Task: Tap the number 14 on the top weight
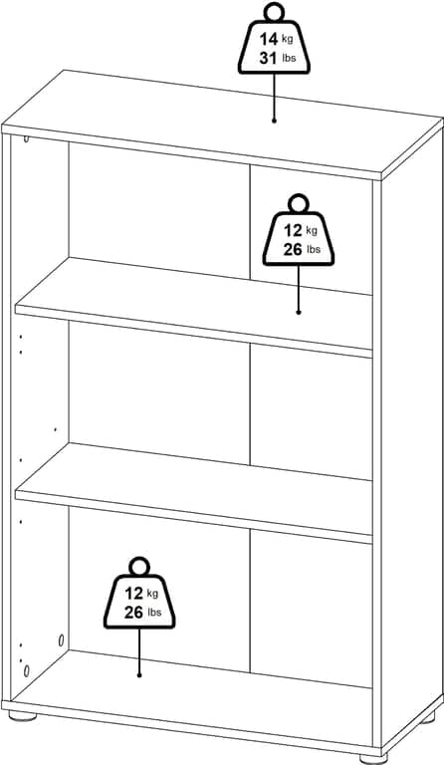(268, 40)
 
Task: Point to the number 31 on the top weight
(268, 59)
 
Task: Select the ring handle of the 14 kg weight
(274, 12)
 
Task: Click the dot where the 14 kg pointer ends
(274, 120)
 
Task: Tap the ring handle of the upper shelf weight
(299, 203)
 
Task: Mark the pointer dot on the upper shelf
(299, 312)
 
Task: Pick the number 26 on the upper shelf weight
(293, 250)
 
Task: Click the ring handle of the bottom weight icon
(139, 567)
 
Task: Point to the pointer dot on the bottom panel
(139, 675)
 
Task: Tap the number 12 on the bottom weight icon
(134, 594)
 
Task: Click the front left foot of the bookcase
(23, 716)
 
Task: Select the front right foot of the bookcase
(374, 759)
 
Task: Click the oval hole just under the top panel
(26, 139)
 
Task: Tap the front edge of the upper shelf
(194, 330)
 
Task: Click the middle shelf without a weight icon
(194, 493)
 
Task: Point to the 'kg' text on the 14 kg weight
(288, 39)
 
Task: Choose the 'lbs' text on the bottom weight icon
(154, 613)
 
